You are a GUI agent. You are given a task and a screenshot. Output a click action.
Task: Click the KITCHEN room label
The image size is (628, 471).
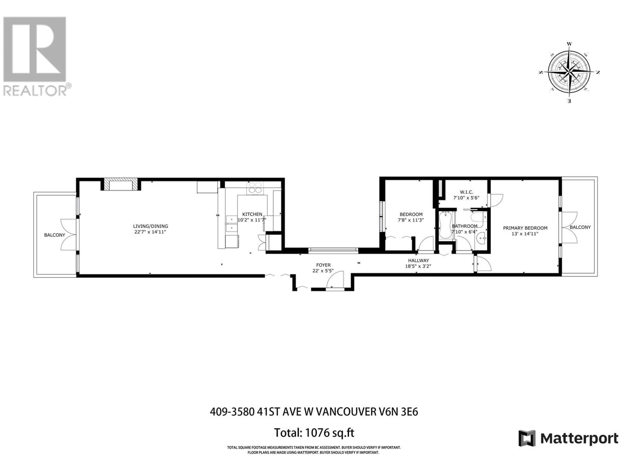coord(252,214)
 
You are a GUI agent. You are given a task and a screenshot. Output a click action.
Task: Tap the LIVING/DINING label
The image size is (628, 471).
coord(150,226)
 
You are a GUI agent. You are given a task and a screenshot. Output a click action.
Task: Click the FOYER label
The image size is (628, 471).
coord(323,265)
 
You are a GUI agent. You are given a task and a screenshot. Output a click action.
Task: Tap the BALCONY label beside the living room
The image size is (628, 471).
coord(54,235)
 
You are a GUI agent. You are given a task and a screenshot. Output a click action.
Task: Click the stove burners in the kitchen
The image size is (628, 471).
coord(255,187)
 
